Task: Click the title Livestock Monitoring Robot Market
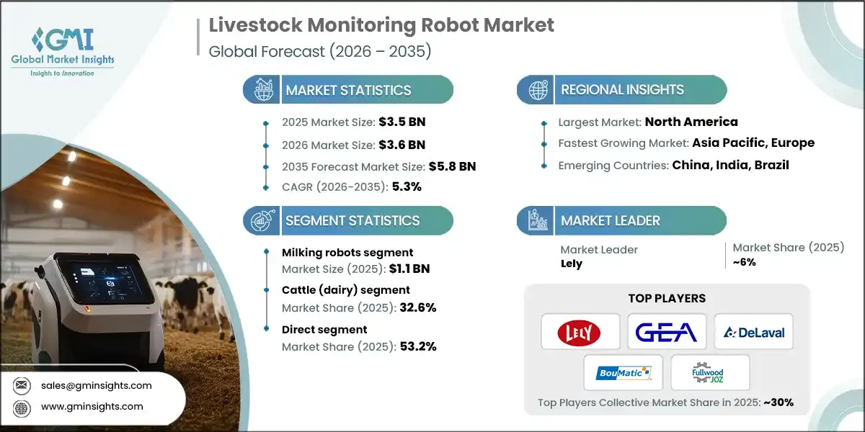[x=381, y=25]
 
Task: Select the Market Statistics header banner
[x=348, y=90]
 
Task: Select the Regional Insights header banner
[x=622, y=90]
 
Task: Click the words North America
[x=691, y=122]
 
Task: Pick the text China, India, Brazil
[x=730, y=165]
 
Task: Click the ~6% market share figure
[x=744, y=263]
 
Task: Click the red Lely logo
[x=580, y=332]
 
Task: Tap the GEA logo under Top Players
[x=667, y=332]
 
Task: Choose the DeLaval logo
[x=753, y=332]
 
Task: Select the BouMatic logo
[x=623, y=373]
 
